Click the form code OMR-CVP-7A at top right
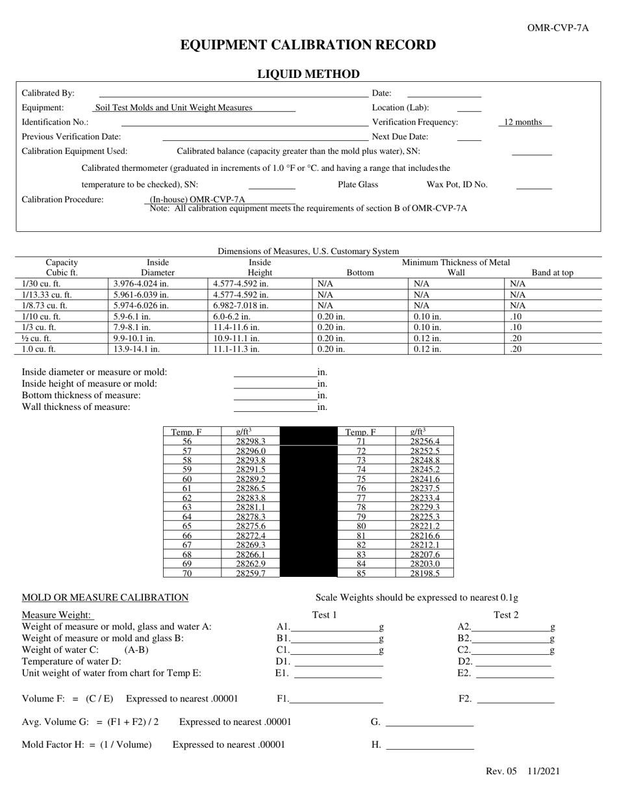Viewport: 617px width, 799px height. click(558, 27)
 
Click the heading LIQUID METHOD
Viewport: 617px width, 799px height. click(308, 74)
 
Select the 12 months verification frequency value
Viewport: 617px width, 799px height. click(523, 122)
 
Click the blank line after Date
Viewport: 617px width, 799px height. click(444, 94)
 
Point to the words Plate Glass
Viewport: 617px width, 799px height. click(358, 184)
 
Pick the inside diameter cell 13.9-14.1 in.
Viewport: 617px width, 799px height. click(136, 349)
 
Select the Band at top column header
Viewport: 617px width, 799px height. click(552, 273)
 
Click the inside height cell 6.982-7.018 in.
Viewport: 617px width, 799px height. click(240, 305)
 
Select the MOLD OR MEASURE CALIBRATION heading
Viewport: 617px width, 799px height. click(105, 598)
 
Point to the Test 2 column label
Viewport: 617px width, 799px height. click(506, 615)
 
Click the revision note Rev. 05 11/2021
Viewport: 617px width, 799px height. click(523, 772)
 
